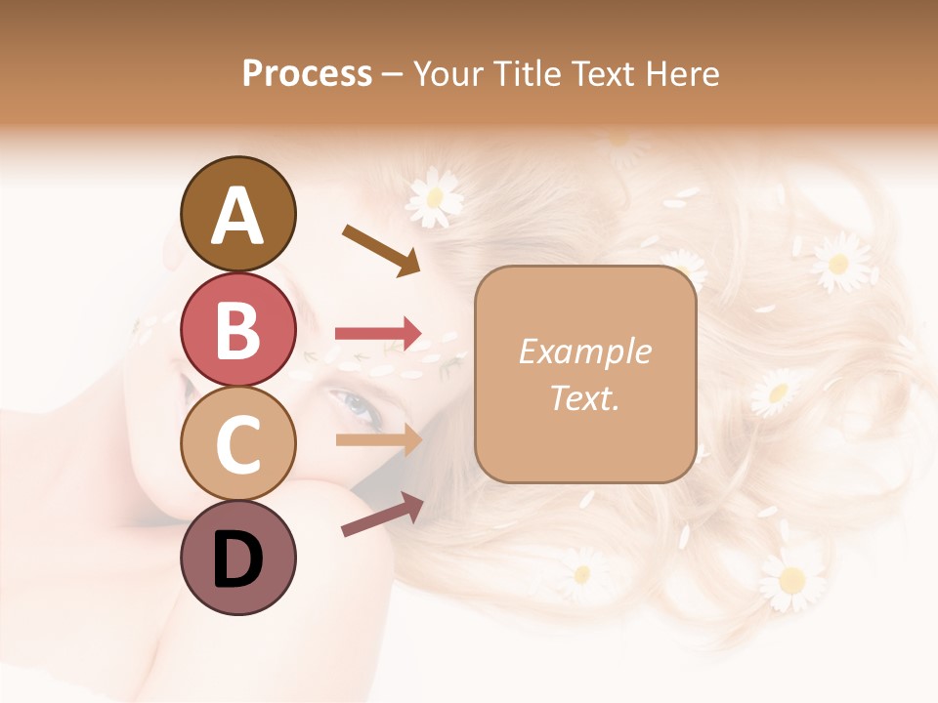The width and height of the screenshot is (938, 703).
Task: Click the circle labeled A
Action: (237, 214)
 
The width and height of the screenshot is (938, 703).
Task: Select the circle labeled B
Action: (237, 329)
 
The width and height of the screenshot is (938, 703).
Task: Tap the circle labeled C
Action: (237, 444)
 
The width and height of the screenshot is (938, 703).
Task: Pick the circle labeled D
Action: (237, 558)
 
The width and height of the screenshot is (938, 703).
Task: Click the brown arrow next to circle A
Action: (382, 250)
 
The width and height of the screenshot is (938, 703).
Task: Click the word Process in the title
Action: (307, 73)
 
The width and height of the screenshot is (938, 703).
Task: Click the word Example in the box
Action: (585, 351)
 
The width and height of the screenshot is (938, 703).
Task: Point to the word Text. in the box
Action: (585, 397)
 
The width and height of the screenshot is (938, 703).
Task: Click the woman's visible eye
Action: (354, 406)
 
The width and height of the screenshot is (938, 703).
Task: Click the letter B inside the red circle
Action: (237, 330)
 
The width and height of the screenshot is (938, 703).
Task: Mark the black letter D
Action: (237, 559)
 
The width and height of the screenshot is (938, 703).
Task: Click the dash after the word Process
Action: (393, 74)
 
